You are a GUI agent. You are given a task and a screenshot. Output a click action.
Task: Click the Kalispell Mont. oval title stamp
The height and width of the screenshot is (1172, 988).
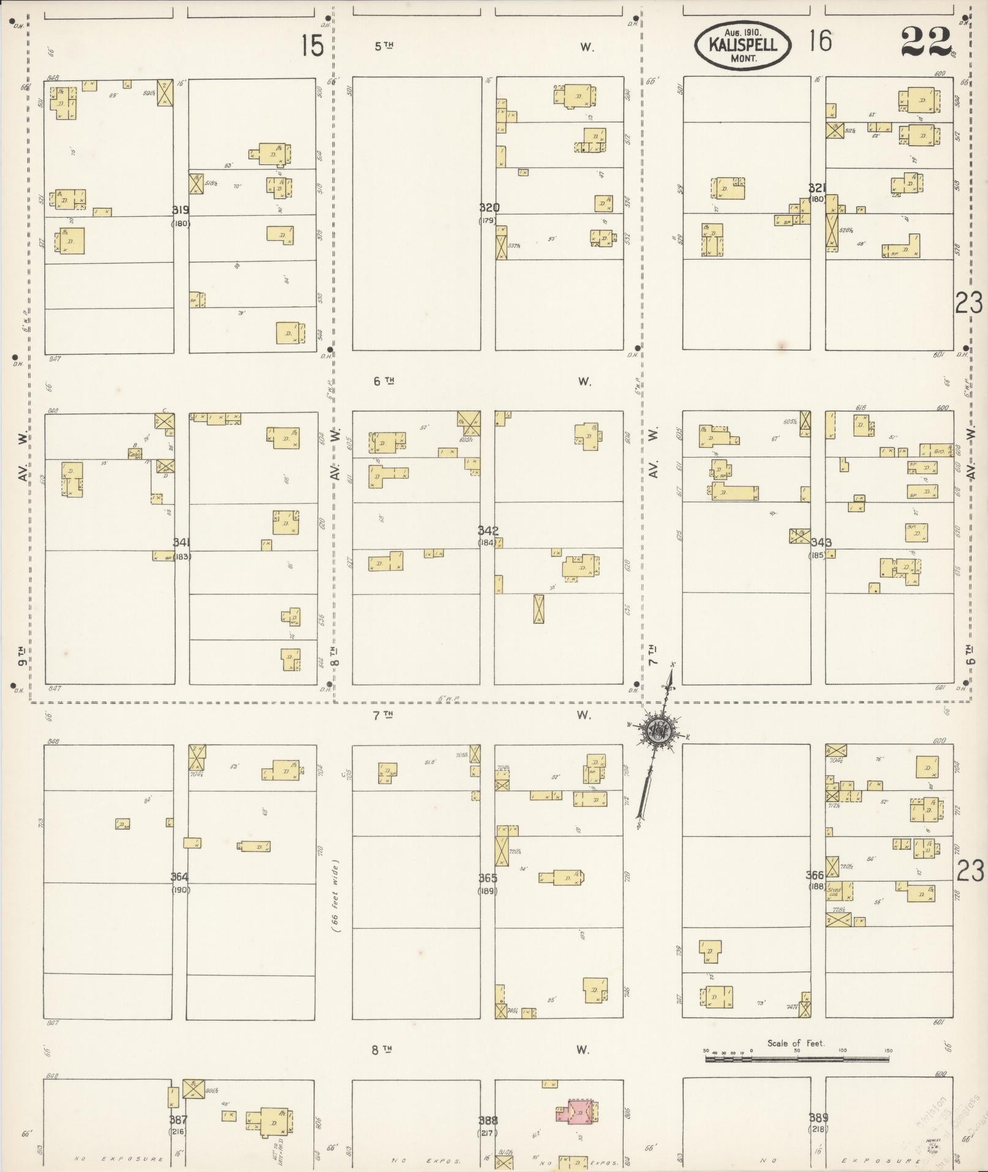pyautogui.click(x=742, y=45)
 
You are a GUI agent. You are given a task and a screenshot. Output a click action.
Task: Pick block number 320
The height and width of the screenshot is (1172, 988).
pyautogui.click(x=489, y=208)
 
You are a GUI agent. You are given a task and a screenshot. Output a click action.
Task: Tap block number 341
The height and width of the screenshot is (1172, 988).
pyautogui.click(x=181, y=542)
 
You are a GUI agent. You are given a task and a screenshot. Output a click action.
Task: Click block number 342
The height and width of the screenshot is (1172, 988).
pyautogui.click(x=488, y=531)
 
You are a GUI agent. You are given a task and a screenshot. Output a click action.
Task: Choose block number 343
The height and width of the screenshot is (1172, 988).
pyautogui.click(x=821, y=543)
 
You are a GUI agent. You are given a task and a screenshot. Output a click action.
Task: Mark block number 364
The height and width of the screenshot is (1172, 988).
pyautogui.click(x=179, y=877)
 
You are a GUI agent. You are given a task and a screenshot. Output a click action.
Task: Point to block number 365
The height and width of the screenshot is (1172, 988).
pyautogui.click(x=488, y=878)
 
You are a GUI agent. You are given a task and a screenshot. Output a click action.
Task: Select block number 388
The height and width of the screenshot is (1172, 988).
pyautogui.click(x=488, y=1121)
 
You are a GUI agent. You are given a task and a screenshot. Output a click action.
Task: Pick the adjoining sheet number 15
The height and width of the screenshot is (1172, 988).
pyautogui.click(x=312, y=46)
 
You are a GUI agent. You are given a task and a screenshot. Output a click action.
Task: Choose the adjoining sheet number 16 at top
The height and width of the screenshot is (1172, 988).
pyautogui.click(x=820, y=42)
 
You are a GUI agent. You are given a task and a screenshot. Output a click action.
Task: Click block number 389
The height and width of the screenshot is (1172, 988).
pyautogui.click(x=818, y=1117)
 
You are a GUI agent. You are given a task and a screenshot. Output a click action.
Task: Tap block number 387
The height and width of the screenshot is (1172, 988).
pyautogui.click(x=178, y=1120)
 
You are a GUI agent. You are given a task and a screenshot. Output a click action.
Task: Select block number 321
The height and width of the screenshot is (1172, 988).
pyautogui.click(x=816, y=188)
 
